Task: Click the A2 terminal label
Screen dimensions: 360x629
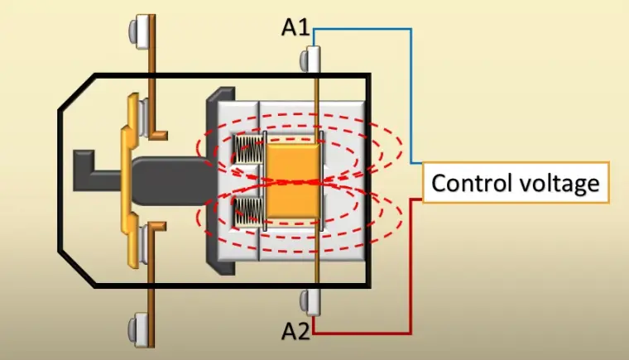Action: (x=295, y=333)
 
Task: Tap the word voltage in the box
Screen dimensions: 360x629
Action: (x=556, y=183)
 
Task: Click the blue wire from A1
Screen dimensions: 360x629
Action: (x=411, y=91)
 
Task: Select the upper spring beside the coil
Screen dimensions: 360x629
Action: (x=247, y=150)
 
